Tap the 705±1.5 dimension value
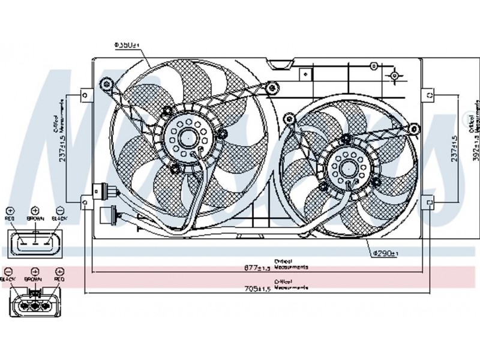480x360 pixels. (x=259, y=288)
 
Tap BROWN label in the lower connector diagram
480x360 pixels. (x=34, y=280)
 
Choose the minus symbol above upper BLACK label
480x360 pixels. (x=59, y=211)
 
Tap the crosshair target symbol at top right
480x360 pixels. (x=395, y=76)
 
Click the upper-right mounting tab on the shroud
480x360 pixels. (x=429, y=95)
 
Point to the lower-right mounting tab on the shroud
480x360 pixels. (x=429, y=203)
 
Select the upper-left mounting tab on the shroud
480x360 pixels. (x=87, y=95)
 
